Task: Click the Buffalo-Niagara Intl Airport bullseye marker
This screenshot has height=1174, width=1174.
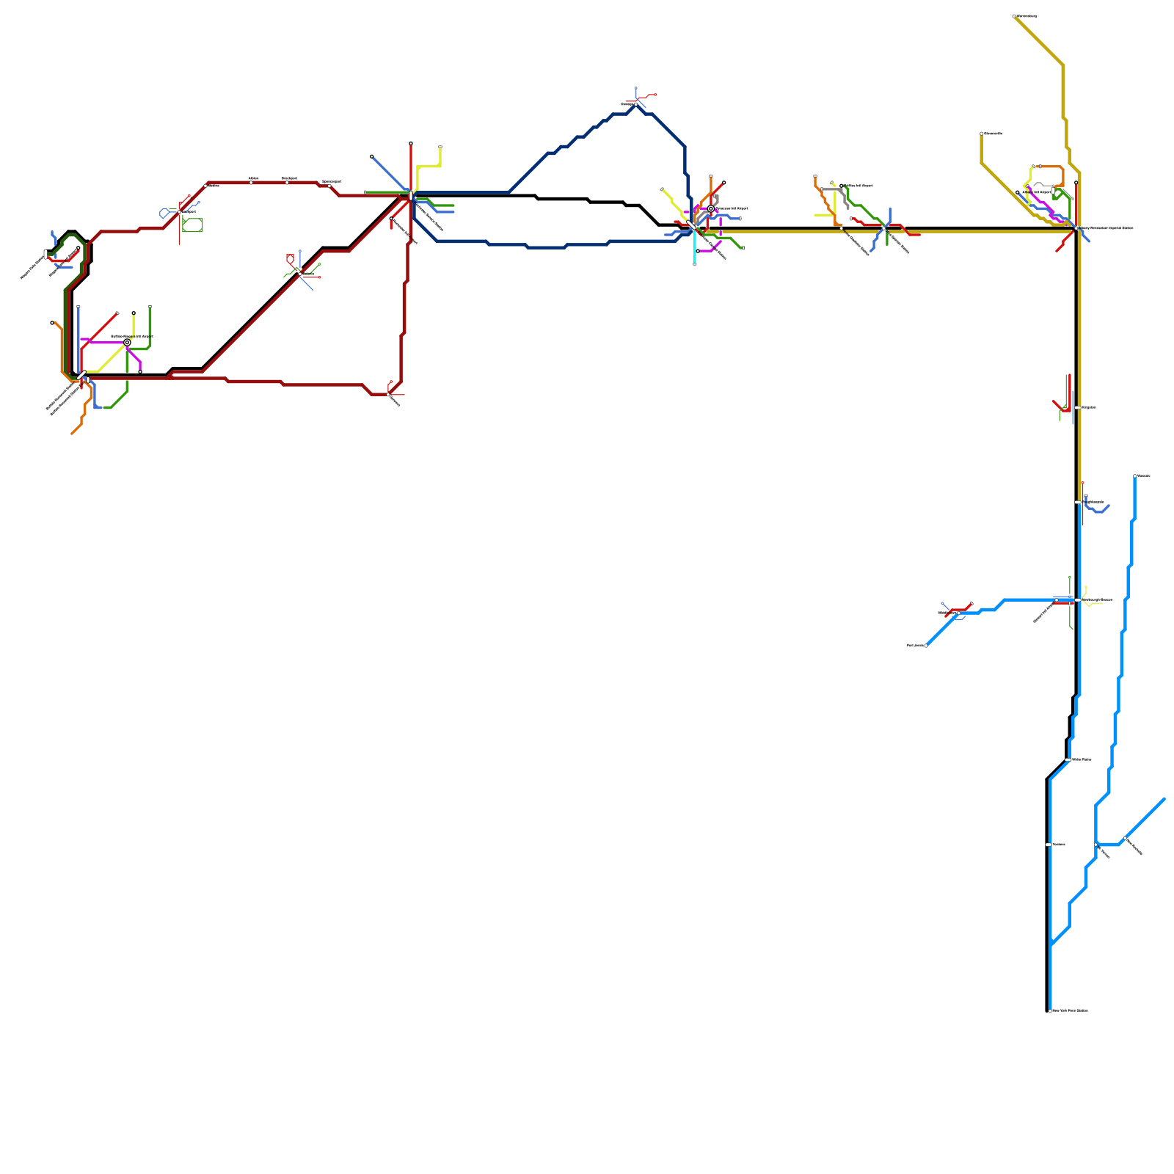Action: point(127,343)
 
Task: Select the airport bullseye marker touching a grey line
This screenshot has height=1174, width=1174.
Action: point(710,209)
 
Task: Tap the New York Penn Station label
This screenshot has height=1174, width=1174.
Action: point(1071,1010)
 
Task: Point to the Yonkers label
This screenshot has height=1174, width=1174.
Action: point(1059,845)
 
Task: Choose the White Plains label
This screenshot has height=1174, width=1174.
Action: point(1082,759)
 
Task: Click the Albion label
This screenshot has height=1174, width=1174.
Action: point(253,178)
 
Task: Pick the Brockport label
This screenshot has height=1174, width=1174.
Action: point(290,178)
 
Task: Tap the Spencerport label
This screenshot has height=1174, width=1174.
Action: point(332,181)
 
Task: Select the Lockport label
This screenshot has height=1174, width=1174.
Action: point(189,211)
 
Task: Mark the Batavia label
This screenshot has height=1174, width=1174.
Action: point(309,274)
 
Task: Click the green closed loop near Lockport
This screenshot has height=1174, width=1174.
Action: point(192,225)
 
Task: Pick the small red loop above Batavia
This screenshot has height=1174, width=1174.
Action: point(290,258)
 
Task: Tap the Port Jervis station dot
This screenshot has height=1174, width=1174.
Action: point(926,646)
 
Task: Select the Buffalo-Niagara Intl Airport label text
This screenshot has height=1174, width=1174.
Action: point(132,336)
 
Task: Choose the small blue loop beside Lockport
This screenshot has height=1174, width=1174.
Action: point(164,214)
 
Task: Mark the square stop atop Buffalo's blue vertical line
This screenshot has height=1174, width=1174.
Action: point(79,307)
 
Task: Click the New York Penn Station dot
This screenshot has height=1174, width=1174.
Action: point(1050,1010)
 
